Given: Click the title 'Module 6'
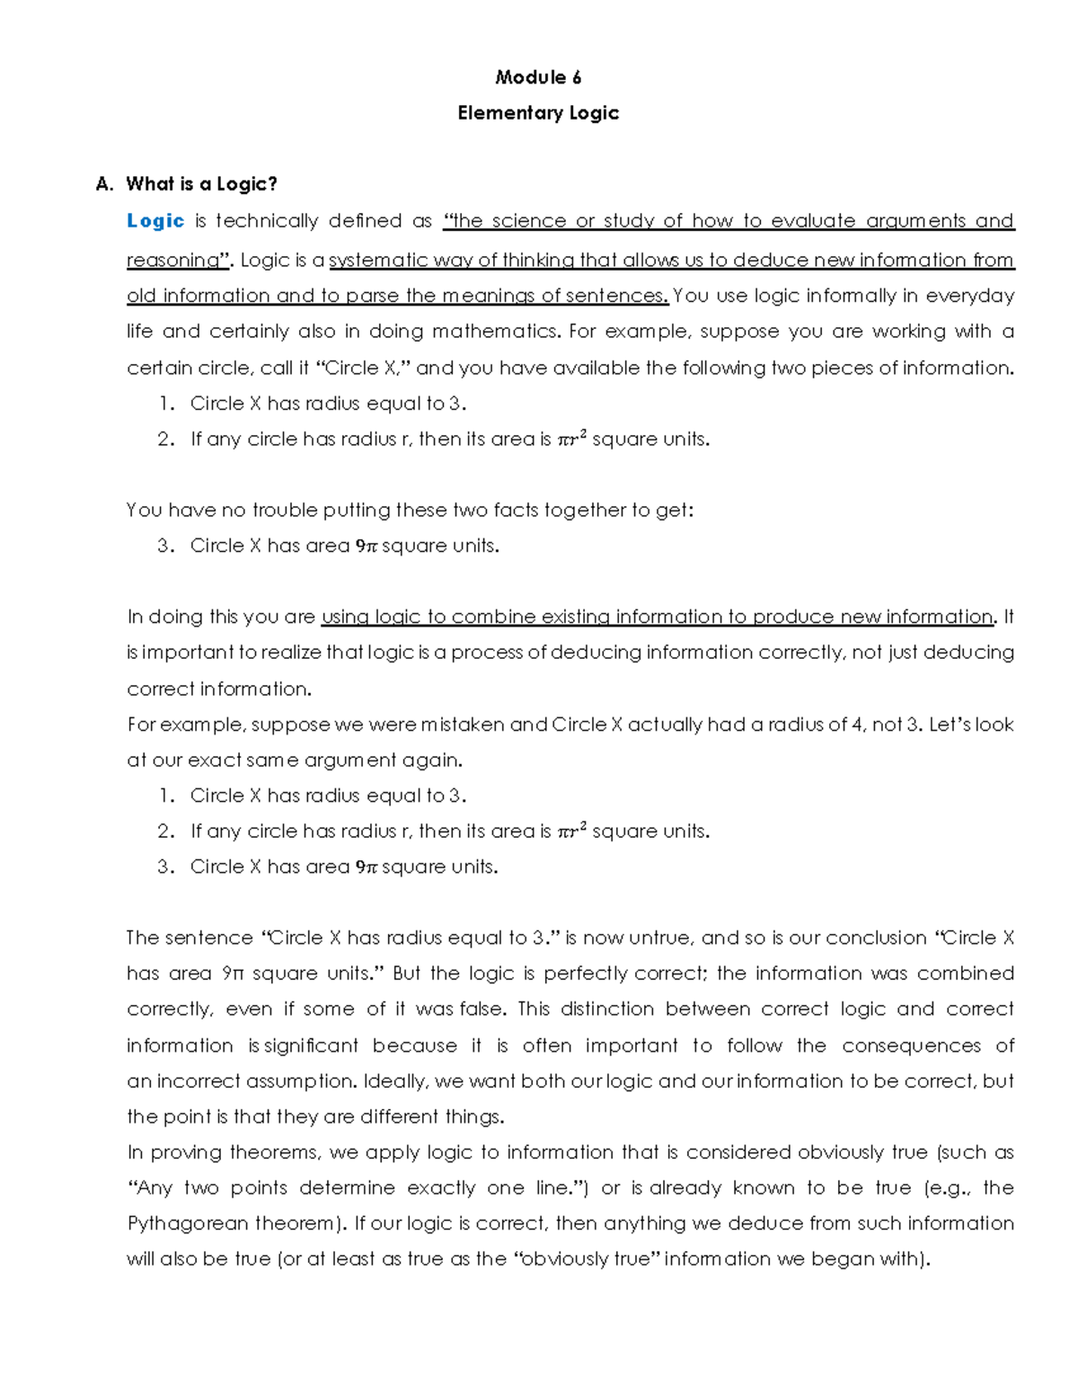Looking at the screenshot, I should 538,77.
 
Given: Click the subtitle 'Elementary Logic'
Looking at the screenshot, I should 538,113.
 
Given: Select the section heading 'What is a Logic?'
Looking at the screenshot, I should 201,184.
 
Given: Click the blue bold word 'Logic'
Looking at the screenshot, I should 155,221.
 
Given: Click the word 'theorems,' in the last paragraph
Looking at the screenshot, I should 274,1152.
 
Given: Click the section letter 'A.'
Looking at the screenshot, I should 104,184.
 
